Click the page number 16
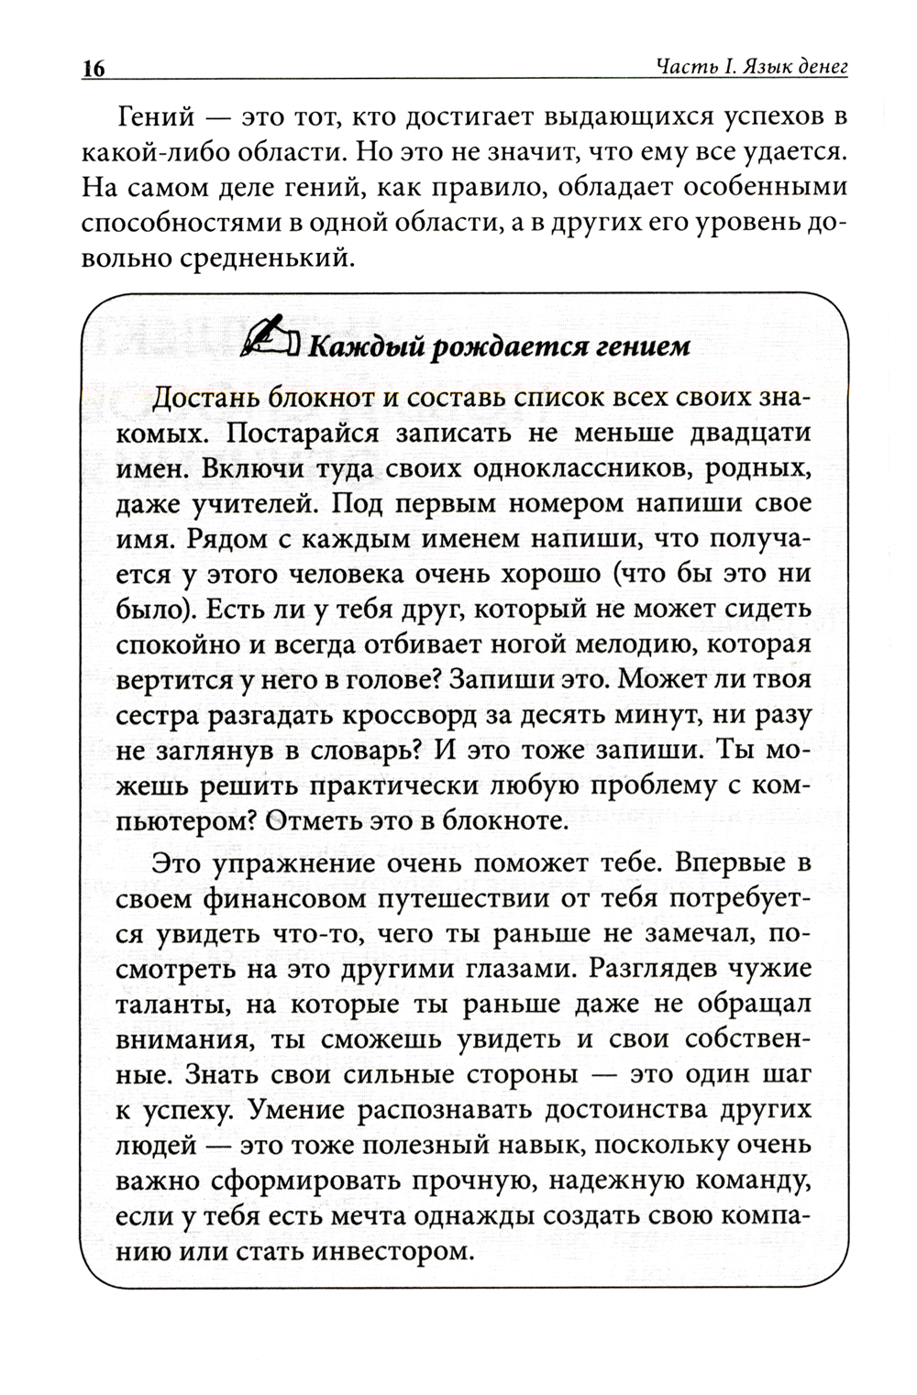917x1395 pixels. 94,69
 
